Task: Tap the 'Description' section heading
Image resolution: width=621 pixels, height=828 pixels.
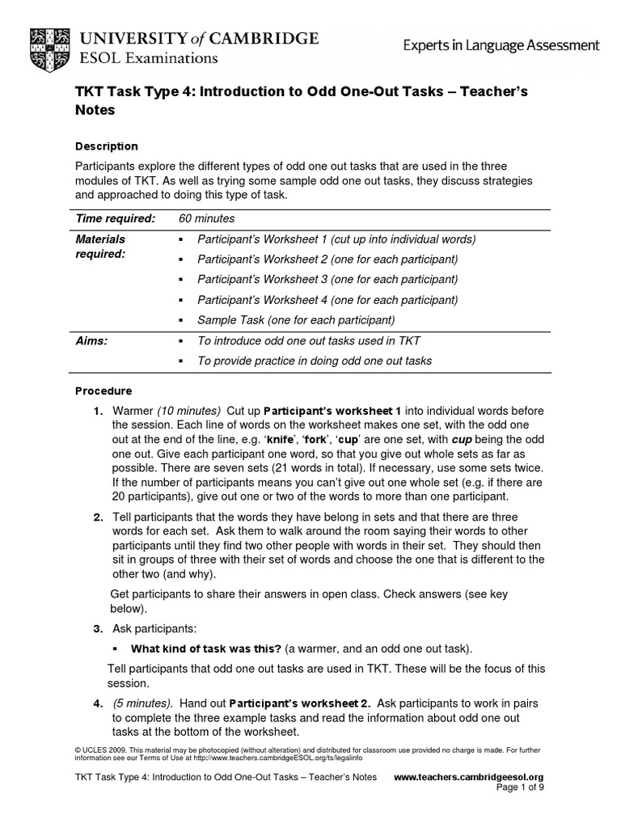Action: pyautogui.click(x=106, y=146)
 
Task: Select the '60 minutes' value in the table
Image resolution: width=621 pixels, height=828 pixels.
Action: pyautogui.click(x=206, y=219)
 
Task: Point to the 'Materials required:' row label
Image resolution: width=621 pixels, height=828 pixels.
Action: pyautogui.click(x=100, y=247)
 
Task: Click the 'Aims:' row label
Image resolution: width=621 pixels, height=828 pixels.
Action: pyautogui.click(x=91, y=341)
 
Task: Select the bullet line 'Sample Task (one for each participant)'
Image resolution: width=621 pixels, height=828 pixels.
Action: pyautogui.click(x=296, y=320)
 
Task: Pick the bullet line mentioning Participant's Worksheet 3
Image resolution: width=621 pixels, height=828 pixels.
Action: pyautogui.click(x=327, y=280)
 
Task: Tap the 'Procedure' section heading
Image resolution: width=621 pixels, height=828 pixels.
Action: pyautogui.click(x=103, y=391)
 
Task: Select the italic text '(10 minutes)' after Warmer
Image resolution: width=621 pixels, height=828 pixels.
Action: pyautogui.click(x=188, y=411)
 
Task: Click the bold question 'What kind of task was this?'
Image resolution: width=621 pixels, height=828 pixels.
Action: pyautogui.click(x=205, y=648)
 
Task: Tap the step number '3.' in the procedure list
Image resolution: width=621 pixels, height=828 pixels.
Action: pyautogui.click(x=97, y=628)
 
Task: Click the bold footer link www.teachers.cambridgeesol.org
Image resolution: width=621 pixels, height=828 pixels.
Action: pyautogui.click(x=467, y=777)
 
